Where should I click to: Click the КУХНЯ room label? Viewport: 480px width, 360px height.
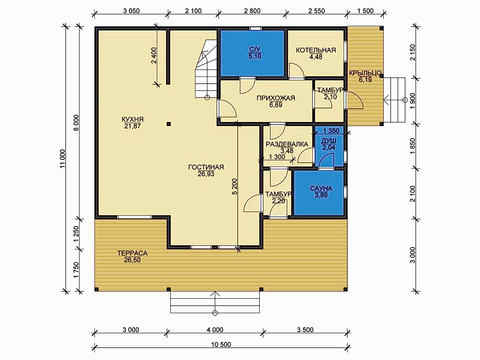tap(132, 119)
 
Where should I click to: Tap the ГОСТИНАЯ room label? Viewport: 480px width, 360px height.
tap(206, 167)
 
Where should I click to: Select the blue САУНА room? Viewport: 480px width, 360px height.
tap(319, 193)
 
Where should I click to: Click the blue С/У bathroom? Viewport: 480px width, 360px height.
tap(252, 53)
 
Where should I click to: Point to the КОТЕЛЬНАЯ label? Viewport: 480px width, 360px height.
tap(316, 50)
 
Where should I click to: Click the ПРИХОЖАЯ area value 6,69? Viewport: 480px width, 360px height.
tap(276, 105)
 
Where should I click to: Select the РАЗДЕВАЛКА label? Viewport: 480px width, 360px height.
tap(287, 144)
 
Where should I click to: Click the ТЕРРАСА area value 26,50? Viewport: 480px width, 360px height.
tap(132, 260)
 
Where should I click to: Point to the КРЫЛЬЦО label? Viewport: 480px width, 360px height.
tap(365, 73)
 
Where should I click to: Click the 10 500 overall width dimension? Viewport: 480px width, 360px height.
tap(221, 345)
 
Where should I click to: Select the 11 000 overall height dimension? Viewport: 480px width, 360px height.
tap(63, 159)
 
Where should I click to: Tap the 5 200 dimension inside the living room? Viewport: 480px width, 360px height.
tap(234, 186)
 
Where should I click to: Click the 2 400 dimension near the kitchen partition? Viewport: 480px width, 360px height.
tap(154, 55)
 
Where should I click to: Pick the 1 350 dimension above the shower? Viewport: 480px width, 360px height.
tap(331, 131)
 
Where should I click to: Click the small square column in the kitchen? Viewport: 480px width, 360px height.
tap(169, 124)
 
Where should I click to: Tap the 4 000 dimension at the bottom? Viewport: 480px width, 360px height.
tap(215, 330)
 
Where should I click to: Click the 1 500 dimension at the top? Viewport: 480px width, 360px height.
tap(365, 11)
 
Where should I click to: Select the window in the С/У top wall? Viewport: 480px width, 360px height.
tap(256, 28)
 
